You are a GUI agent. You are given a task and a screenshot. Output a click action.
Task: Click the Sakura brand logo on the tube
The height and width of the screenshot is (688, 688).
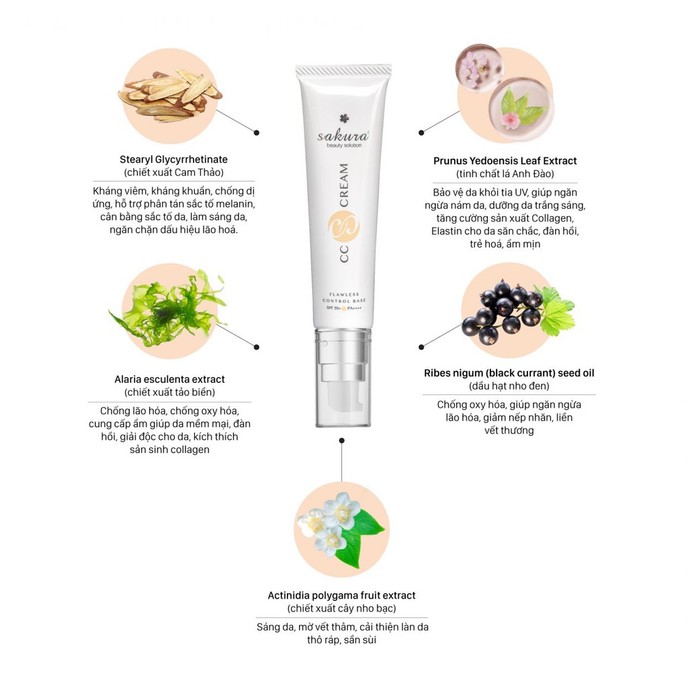pyautogui.click(x=343, y=131)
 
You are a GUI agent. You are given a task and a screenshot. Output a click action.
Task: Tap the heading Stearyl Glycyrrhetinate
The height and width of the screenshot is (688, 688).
pyautogui.click(x=174, y=159)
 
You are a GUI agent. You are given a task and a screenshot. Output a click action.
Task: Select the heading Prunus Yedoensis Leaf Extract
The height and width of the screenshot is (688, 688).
pyautogui.click(x=505, y=161)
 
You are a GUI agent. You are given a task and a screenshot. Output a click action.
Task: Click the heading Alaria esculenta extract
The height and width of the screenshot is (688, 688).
pyautogui.click(x=169, y=379)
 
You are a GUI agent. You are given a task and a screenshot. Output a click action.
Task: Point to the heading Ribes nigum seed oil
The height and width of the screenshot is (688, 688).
pyautogui.click(x=509, y=373)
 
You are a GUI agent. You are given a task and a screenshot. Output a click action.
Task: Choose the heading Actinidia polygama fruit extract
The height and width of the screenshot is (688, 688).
pyautogui.click(x=341, y=595)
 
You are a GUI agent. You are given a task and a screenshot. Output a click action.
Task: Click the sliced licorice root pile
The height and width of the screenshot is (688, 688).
pyautogui.click(x=170, y=95)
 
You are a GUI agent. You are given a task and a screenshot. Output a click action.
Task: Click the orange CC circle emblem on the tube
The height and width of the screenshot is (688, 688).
pyautogui.click(x=343, y=227)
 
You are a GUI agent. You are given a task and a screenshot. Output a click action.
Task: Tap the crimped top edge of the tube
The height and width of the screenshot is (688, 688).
pyautogui.click(x=343, y=71)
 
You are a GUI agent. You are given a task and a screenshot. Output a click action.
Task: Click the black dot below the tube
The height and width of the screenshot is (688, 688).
pyautogui.click(x=342, y=440)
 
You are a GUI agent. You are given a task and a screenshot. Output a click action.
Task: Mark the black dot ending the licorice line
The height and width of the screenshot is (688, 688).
pyautogui.click(x=257, y=132)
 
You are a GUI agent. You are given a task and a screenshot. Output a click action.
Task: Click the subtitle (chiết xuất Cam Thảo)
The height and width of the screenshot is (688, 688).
pyautogui.click(x=174, y=173)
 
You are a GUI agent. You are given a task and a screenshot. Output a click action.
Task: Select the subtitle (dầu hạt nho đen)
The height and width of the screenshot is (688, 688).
pyautogui.click(x=509, y=386)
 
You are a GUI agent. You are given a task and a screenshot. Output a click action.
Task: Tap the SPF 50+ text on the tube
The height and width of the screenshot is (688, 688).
pyautogui.click(x=333, y=308)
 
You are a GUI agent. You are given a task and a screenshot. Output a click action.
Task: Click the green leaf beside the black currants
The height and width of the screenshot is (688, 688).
pyautogui.click(x=556, y=312)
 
